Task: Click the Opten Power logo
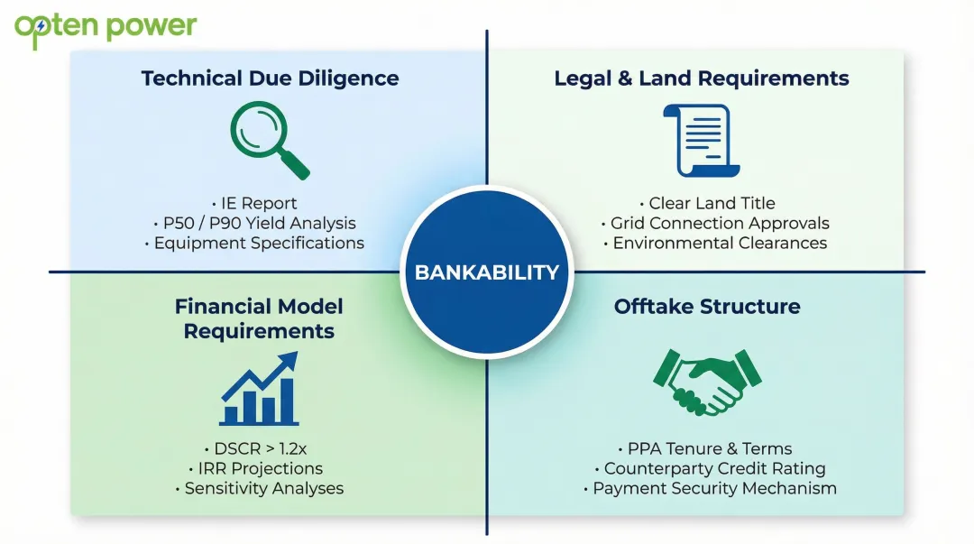[106, 26]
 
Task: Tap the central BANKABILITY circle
[487, 272]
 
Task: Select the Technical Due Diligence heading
[270, 78]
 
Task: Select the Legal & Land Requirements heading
[702, 78]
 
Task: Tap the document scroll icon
[701, 140]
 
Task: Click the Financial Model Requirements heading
[259, 318]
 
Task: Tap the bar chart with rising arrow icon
[259, 389]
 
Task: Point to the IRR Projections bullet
[259, 468]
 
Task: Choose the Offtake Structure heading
[707, 307]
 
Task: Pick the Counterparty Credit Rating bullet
[714, 468]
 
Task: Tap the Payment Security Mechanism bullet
[714, 488]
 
